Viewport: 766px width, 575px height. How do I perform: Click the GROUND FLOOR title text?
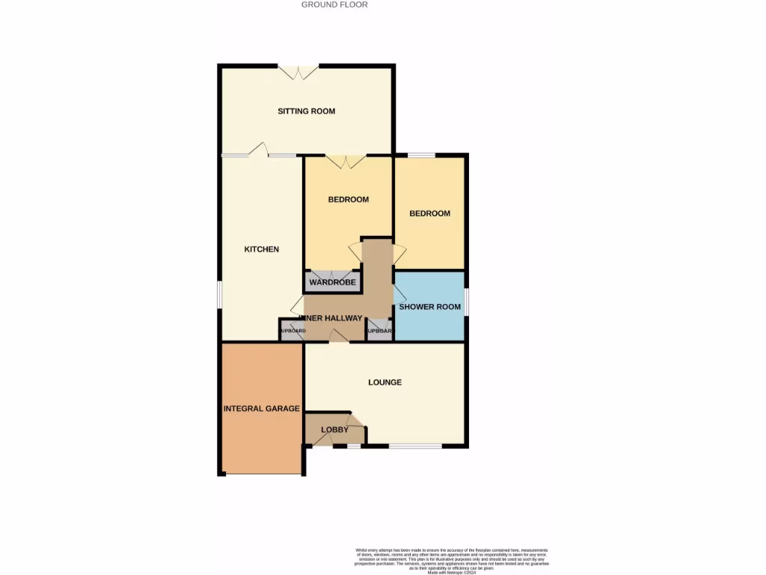[x=334, y=4]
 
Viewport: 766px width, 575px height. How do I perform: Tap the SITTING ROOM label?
[x=306, y=112]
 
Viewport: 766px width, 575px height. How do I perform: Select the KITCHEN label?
[x=262, y=249]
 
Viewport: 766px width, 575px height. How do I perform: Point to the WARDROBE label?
[x=333, y=282]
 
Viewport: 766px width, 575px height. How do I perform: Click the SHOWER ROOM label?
[x=429, y=307]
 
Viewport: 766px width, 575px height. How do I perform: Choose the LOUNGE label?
[x=384, y=383]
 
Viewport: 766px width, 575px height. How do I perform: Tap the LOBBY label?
[x=334, y=430]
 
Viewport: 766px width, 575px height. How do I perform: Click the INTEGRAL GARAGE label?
[x=262, y=409]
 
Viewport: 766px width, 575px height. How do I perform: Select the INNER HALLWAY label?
[x=333, y=318]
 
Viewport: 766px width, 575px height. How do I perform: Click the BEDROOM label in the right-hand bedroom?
[x=429, y=213]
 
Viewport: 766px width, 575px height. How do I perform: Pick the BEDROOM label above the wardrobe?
[x=349, y=200]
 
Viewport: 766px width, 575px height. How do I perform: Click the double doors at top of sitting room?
[x=299, y=72]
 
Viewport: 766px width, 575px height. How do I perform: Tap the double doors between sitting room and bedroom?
[x=346, y=160]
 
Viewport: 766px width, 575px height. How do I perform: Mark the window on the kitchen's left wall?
[x=219, y=293]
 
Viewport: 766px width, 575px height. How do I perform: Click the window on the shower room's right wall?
[x=467, y=302]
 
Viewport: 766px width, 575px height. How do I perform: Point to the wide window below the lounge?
[x=414, y=447]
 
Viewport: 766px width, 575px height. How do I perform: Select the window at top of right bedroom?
[x=421, y=155]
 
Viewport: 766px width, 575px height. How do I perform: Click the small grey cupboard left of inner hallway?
[x=290, y=330]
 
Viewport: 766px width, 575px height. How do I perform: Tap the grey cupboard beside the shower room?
[x=379, y=330]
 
